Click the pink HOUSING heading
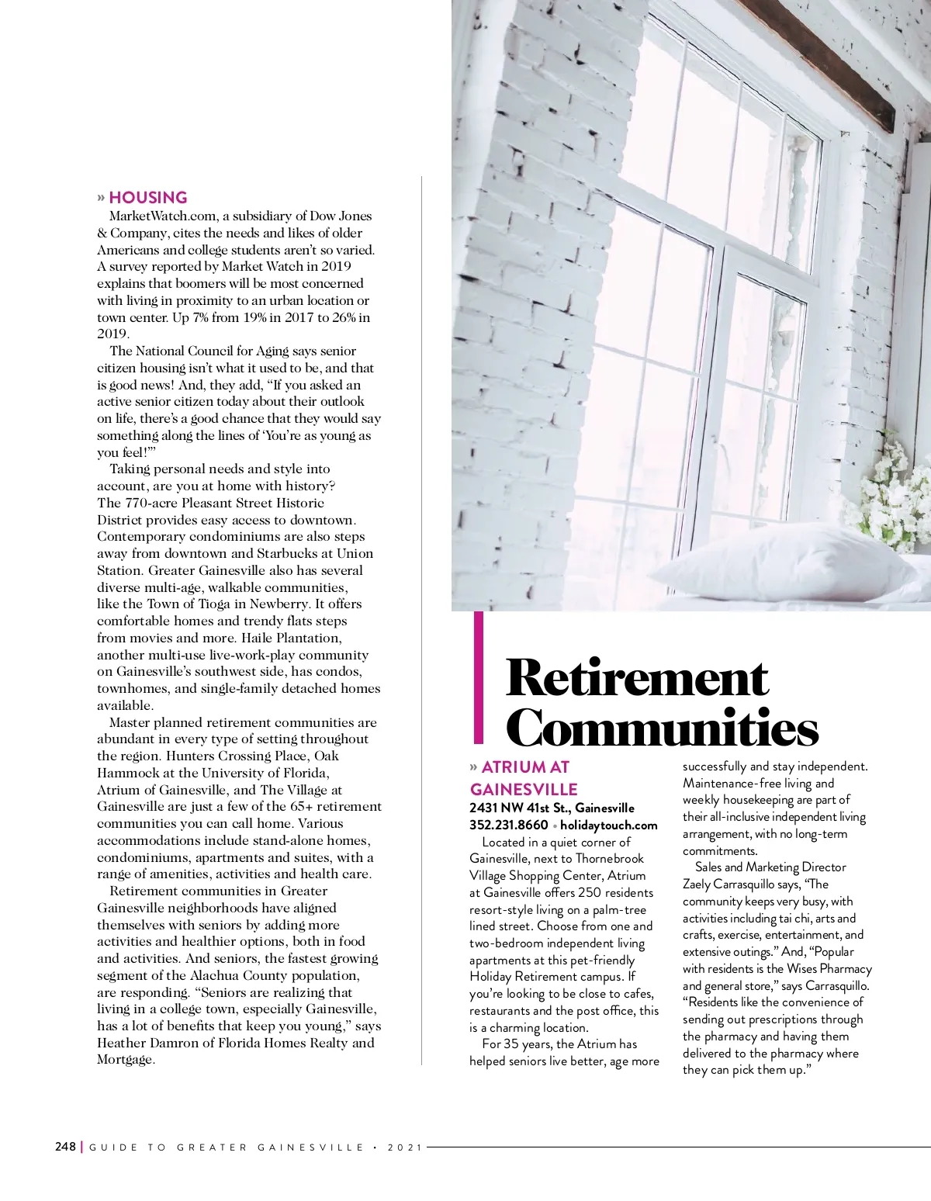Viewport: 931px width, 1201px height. click(148, 197)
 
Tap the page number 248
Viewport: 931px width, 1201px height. click(65, 1147)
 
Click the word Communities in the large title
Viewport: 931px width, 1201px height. click(662, 728)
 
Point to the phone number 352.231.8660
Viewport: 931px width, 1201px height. click(508, 825)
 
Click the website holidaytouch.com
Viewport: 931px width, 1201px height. click(608, 825)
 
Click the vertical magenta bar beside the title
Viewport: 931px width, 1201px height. click(479, 677)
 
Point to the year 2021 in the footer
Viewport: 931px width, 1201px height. click(404, 1147)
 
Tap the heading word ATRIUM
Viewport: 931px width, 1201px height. click(514, 767)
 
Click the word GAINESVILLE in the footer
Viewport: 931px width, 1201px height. click(310, 1147)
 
